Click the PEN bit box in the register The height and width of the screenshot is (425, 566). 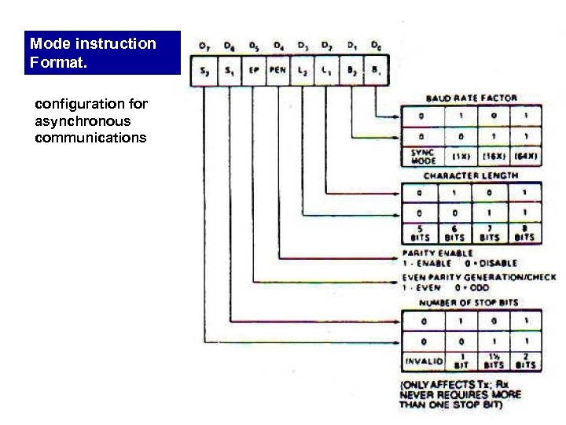click(x=277, y=71)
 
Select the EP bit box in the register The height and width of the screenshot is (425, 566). click(x=253, y=71)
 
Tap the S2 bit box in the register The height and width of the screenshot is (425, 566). click(x=204, y=71)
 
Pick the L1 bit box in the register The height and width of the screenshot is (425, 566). click(x=326, y=71)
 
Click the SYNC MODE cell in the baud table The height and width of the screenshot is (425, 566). click(x=422, y=155)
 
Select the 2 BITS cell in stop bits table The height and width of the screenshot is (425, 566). click(x=524, y=361)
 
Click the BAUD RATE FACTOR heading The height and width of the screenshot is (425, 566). click(x=471, y=98)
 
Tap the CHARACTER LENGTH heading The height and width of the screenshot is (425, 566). click(x=471, y=176)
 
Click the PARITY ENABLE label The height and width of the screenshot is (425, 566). click(x=437, y=253)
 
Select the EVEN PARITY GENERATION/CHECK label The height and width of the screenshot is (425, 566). click(x=479, y=277)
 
